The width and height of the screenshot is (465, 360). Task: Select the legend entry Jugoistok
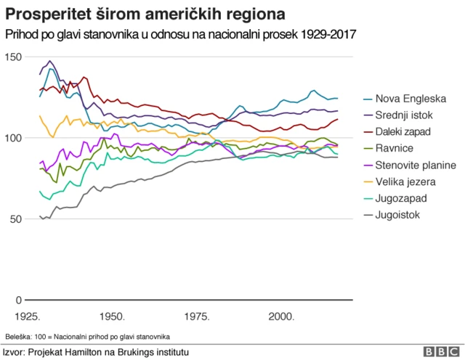click(397, 215)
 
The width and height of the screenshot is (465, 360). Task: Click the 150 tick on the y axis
click(13, 57)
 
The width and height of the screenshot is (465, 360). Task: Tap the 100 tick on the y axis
click(13, 138)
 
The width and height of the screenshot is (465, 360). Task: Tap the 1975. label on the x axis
click(197, 317)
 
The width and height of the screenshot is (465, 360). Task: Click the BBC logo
click(440, 351)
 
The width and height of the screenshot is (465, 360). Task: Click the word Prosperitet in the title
click(44, 14)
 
